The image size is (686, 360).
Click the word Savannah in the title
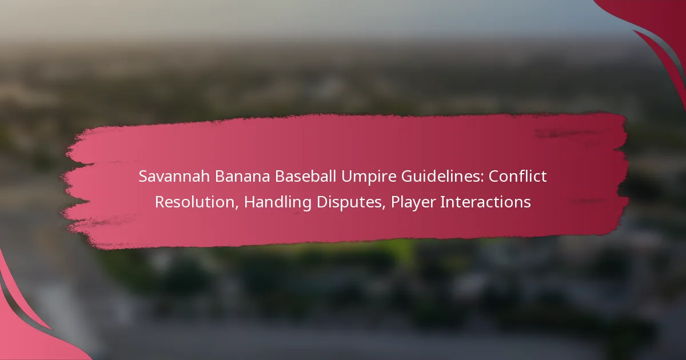174,177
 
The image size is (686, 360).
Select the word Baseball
308,177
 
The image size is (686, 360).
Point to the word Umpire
368,177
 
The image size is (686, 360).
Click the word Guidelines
440,177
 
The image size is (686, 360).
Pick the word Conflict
517,176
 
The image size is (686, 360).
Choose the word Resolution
195,202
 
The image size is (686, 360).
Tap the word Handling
278,203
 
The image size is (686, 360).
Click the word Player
413,203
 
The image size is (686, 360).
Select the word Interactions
486,202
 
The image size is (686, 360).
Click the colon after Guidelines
482,178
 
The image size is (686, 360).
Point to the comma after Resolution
237,209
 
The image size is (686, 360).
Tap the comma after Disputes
384,209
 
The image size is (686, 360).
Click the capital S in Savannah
143,177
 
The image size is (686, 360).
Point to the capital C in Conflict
494,177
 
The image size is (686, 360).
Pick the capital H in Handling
250,202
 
